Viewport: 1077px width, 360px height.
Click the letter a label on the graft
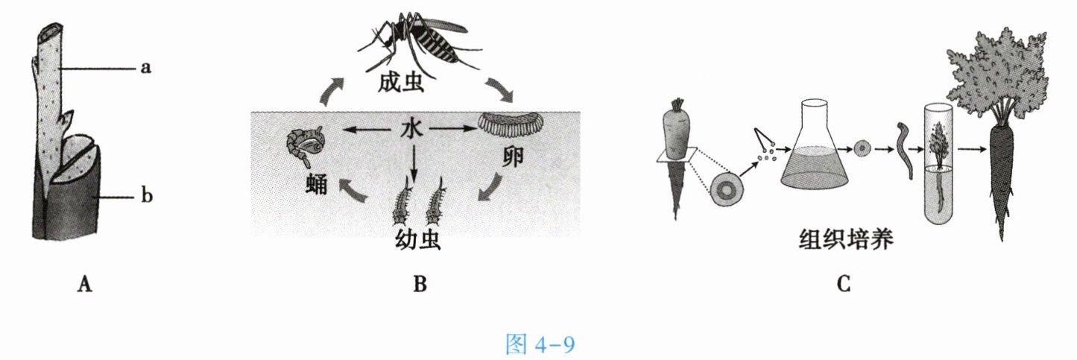pyautogui.click(x=146, y=69)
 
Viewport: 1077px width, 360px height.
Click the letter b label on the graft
pyautogui.click(x=147, y=198)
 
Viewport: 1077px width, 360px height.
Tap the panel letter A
pyautogui.click(x=84, y=283)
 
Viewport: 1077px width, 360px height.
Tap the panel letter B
pyautogui.click(x=419, y=283)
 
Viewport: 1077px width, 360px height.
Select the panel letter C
pyautogui.click(x=843, y=283)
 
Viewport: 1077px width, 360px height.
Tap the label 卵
pyautogui.click(x=512, y=158)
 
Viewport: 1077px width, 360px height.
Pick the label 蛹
pyautogui.click(x=316, y=183)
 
